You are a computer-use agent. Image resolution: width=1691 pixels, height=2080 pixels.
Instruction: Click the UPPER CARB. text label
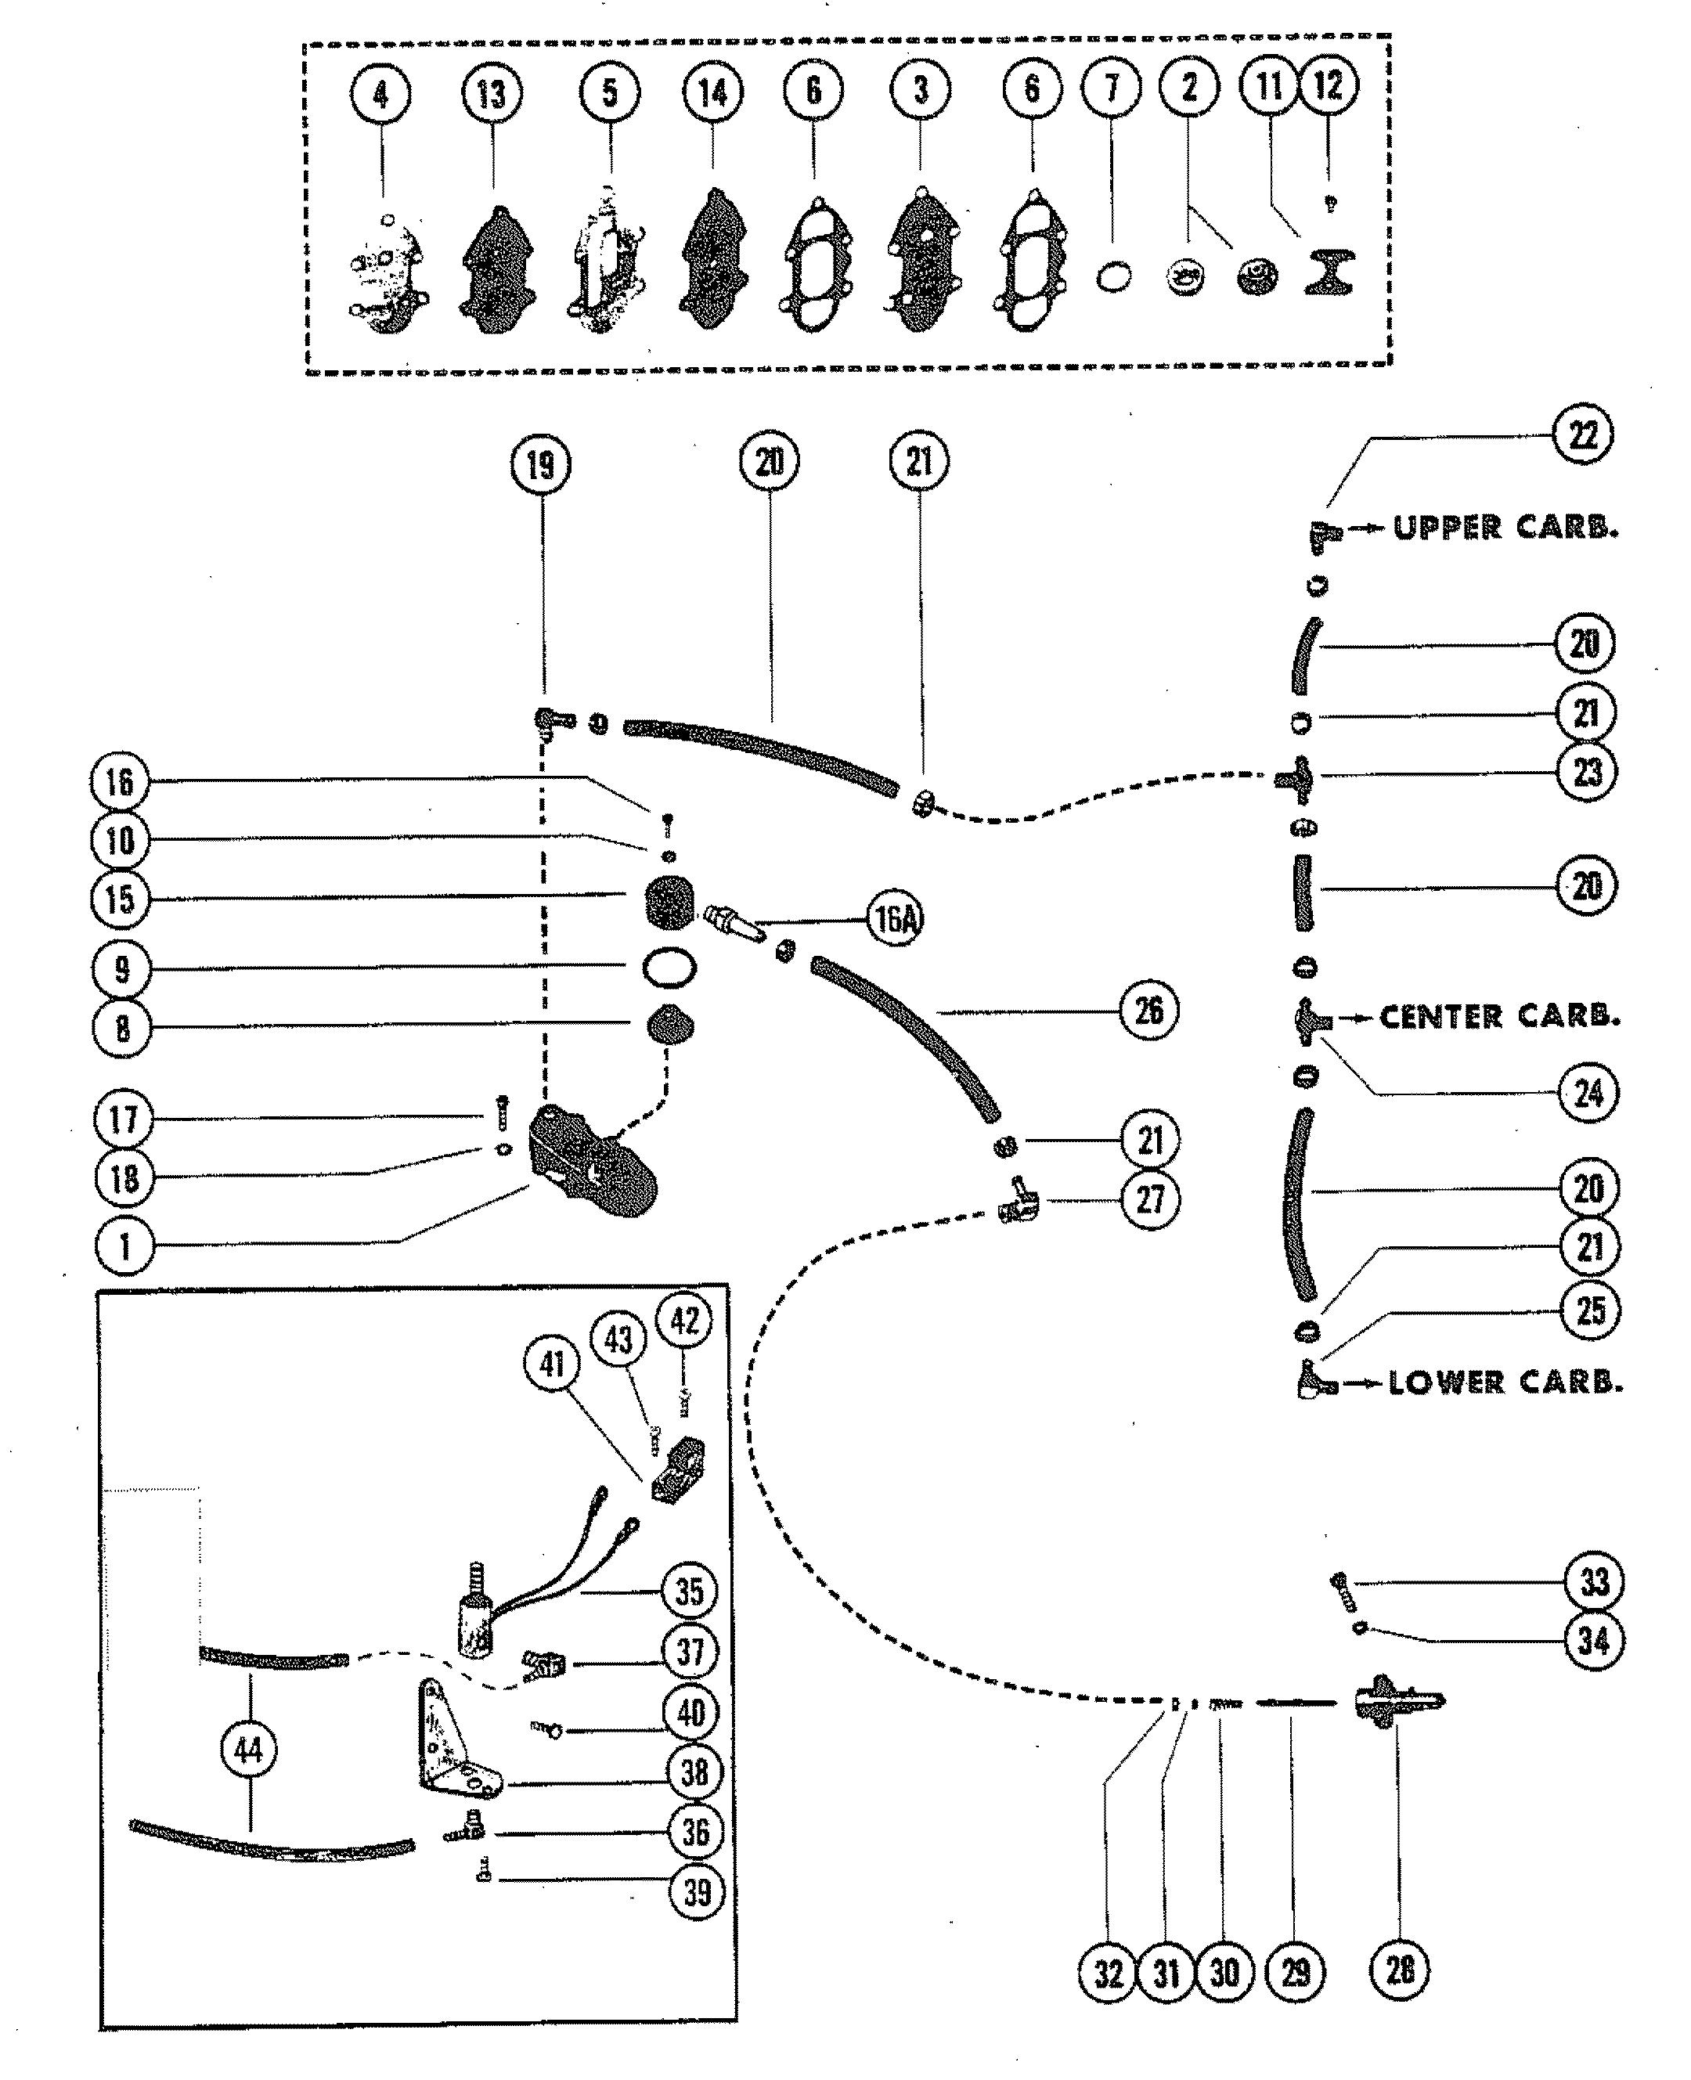coord(1505,528)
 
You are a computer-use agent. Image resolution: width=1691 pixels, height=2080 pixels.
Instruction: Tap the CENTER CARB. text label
coord(1499,1017)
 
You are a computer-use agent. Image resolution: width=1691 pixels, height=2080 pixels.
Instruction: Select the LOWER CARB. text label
coord(1505,1382)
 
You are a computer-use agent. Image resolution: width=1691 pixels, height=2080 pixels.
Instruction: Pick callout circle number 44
coord(250,1750)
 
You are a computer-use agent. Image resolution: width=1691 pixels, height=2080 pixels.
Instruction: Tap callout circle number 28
coord(1400,1970)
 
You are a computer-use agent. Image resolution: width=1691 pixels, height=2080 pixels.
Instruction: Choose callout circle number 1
coord(124,1245)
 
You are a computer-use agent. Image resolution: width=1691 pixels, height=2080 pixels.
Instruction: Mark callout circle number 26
coord(1149,1010)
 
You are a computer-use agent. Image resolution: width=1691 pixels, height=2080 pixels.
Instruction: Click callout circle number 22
coord(1583,434)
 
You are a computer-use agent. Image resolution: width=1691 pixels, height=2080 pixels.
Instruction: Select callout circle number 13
coord(492,93)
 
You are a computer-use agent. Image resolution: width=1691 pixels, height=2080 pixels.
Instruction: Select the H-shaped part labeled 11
coord(1329,272)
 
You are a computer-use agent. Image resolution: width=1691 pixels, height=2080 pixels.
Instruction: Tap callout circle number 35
coord(690,1592)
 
